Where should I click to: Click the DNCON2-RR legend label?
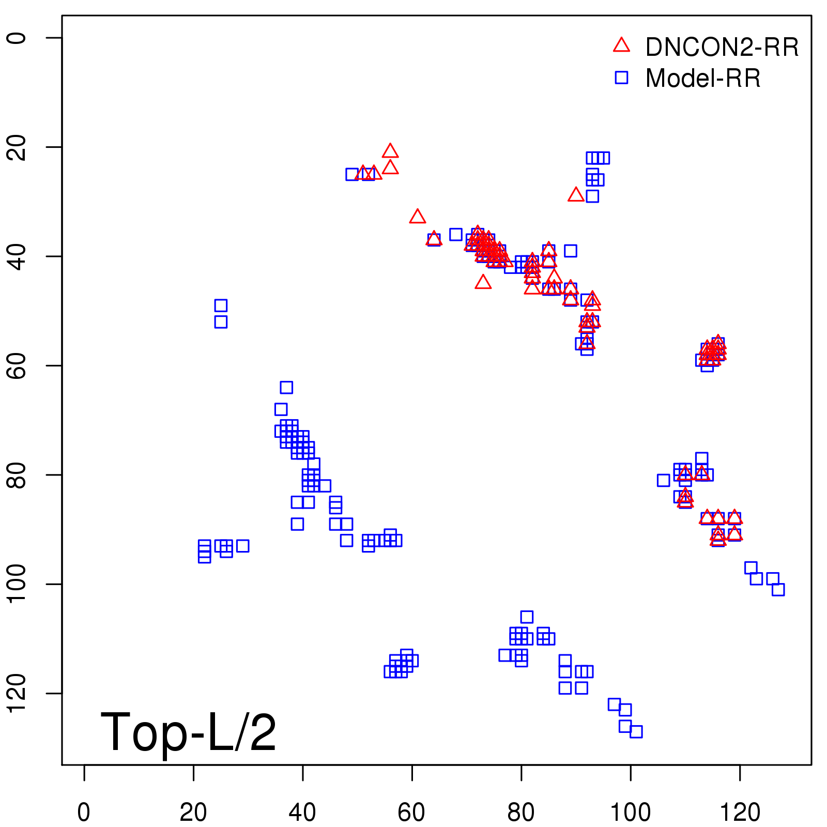[722, 48]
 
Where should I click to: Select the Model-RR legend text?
[703, 79]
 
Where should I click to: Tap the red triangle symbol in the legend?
[621, 45]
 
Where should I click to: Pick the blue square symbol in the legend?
[621, 78]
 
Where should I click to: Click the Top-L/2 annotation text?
[188, 732]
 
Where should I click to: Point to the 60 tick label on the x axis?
[411, 813]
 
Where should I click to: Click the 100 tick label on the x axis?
[630, 813]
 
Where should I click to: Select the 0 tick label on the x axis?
[84, 813]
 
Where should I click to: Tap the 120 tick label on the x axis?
[740, 813]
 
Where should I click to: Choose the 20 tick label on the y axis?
[18, 147]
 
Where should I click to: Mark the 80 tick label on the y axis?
[18, 474]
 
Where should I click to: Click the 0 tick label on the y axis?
[18, 38]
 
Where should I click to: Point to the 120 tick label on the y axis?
[18, 693]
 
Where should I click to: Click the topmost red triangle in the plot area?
[390, 151]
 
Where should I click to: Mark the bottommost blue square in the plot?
[636, 731]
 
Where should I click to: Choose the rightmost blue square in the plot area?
[778, 589]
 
